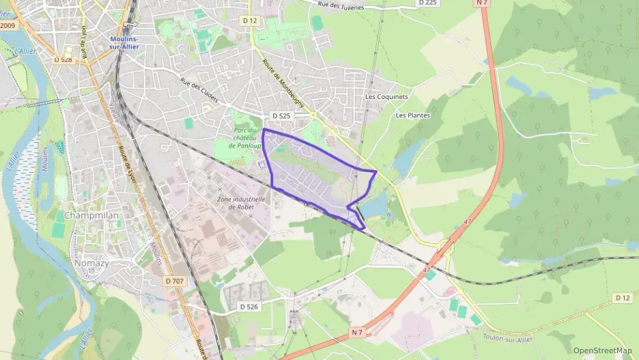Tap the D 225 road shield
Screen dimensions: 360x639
(x=427, y=3)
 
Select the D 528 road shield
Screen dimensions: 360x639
(x=62, y=60)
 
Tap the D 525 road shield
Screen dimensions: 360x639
(x=281, y=116)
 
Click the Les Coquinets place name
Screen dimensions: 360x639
(x=386, y=97)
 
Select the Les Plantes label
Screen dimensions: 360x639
(x=413, y=115)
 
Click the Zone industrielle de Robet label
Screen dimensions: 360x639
(x=233, y=203)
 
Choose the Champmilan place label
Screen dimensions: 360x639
(x=91, y=215)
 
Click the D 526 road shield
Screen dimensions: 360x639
(x=250, y=307)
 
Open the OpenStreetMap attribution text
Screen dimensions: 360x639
(x=602, y=350)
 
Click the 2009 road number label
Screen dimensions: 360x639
(x=8, y=25)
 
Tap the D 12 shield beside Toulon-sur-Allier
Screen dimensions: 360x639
(x=622, y=298)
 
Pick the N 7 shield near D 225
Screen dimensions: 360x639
(x=483, y=3)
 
